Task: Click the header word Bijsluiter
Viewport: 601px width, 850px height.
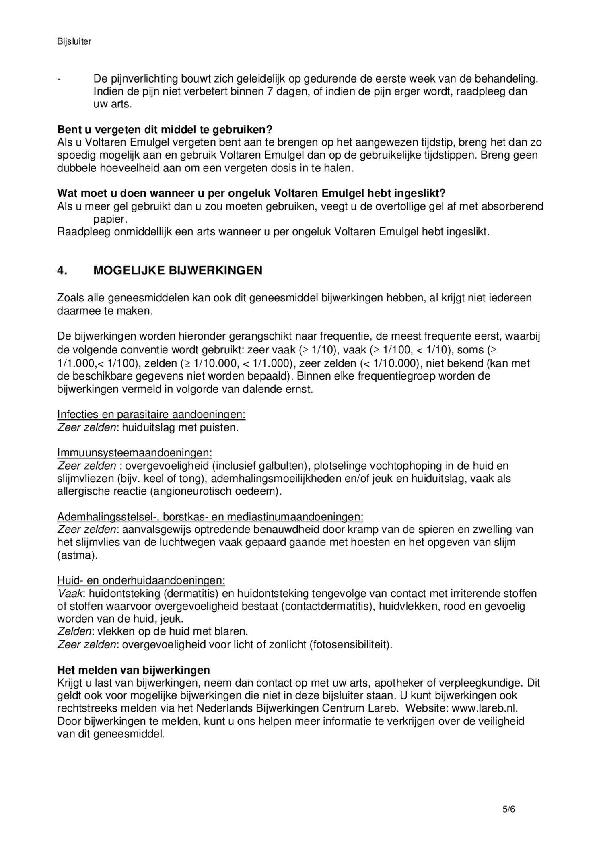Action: click(x=74, y=41)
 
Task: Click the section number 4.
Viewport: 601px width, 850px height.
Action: click(x=62, y=270)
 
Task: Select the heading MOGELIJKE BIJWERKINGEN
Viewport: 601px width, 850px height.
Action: click(x=177, y=270)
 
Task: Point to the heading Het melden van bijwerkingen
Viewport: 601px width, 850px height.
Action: click(x=133, y=670)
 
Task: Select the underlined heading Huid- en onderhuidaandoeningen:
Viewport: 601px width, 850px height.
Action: click(x=141, y=580)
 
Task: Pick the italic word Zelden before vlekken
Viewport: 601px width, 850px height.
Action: click(x=74, y=631)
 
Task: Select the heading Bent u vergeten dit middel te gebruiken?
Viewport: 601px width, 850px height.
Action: click(x=165, y=130)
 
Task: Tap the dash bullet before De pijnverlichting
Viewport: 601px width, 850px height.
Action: click(x=59, y=79)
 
